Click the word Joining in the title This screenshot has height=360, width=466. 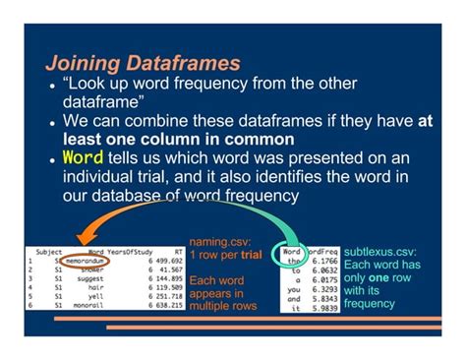pos(82,63)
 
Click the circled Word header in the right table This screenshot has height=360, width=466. pos(292,251)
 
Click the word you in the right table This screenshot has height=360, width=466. pos(295,289)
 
